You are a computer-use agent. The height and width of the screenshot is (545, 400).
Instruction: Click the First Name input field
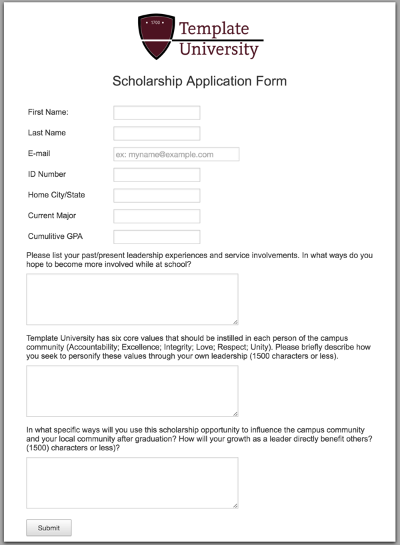(x=157, y=113)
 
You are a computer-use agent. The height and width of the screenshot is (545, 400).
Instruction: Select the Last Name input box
(x=157, y=133)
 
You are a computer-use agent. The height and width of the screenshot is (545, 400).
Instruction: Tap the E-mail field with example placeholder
(x=176, y=154)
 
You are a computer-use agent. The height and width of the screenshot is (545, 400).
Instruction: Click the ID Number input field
(x=157, y=175)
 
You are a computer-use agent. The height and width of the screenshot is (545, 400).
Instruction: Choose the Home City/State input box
(x=157, y=195)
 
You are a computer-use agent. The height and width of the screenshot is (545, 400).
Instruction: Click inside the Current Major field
(x=157, y=216)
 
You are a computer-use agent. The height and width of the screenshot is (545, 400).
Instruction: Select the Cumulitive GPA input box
(x=157, y=237)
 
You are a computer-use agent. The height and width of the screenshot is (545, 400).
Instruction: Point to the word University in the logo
(x=219, y=49)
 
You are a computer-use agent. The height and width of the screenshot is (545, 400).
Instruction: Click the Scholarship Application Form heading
(x=199, y=81)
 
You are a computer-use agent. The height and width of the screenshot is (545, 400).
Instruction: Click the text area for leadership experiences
(x=132, y=300)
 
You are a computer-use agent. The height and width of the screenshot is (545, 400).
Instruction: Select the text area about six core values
(x=132, y=391)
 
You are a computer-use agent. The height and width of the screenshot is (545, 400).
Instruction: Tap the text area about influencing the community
(x=132, y=483)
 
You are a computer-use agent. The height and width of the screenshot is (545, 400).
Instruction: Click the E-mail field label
(x=39, y=154)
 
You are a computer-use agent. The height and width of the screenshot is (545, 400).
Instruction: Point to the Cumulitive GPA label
(x=55, y=236)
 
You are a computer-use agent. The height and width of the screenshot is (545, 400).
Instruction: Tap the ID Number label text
(x=47, y=175)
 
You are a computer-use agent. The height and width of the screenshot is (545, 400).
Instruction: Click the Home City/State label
(x=56, y=195)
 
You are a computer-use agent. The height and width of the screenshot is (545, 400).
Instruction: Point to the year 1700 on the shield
(x=156, y=23)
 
